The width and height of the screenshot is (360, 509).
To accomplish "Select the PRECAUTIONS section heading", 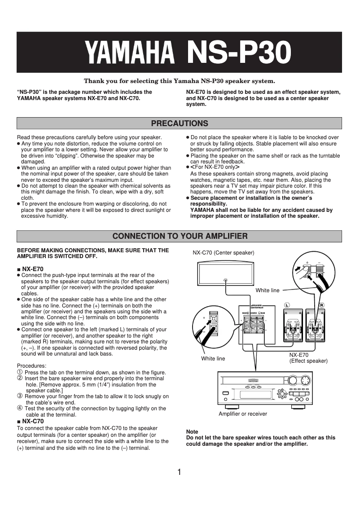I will pyautogui.click(x=180, y=123).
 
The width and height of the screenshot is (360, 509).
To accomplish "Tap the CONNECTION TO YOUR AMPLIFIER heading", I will pyautogui.click(x=180, y=236).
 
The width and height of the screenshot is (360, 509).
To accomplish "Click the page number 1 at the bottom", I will pyautogui.click(x=180, y=472).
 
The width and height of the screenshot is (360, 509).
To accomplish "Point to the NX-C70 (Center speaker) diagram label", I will pyautogui.click(x=223, y=253).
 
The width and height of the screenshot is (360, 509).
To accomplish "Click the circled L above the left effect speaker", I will pyautogui.click(x=286, y=305).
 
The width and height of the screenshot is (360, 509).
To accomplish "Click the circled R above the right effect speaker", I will pyautogui.click(x=321, y=305).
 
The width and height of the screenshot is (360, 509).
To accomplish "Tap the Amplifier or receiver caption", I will pyautogui.click(x=242, y=414).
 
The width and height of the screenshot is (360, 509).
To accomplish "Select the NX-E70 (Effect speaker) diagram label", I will pyautogui.click(x=308, y=358).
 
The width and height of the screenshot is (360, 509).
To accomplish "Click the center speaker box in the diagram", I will pyautogui.click(x=225, y=273).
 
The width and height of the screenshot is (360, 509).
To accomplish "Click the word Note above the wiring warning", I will pyautogui.click(x=192, y=432).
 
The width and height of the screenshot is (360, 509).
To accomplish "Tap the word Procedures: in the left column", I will pyautogui.click(x=31, y=366).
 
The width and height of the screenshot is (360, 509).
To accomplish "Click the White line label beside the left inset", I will pyautogui.click(x=213, y=359).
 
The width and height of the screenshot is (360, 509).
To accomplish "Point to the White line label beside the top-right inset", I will pyautogui.click(x=267, y=290).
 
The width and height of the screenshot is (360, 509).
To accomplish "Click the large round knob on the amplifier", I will pyautogui.click(x=305, y=381).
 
